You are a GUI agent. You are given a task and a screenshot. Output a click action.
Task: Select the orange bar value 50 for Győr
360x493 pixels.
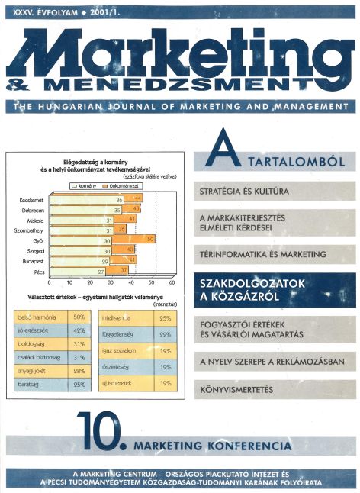coord(151,240)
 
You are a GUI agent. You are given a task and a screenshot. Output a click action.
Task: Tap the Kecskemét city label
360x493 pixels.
coord(27,200)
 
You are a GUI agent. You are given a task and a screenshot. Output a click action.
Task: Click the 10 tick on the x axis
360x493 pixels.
coord(70,282)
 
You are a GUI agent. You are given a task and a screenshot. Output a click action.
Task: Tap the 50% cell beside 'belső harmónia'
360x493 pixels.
coord(79,316)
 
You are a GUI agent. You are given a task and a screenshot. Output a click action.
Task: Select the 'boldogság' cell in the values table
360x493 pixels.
coord(41,344)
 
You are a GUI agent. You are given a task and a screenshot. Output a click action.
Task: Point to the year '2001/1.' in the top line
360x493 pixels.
coord(83,13)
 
